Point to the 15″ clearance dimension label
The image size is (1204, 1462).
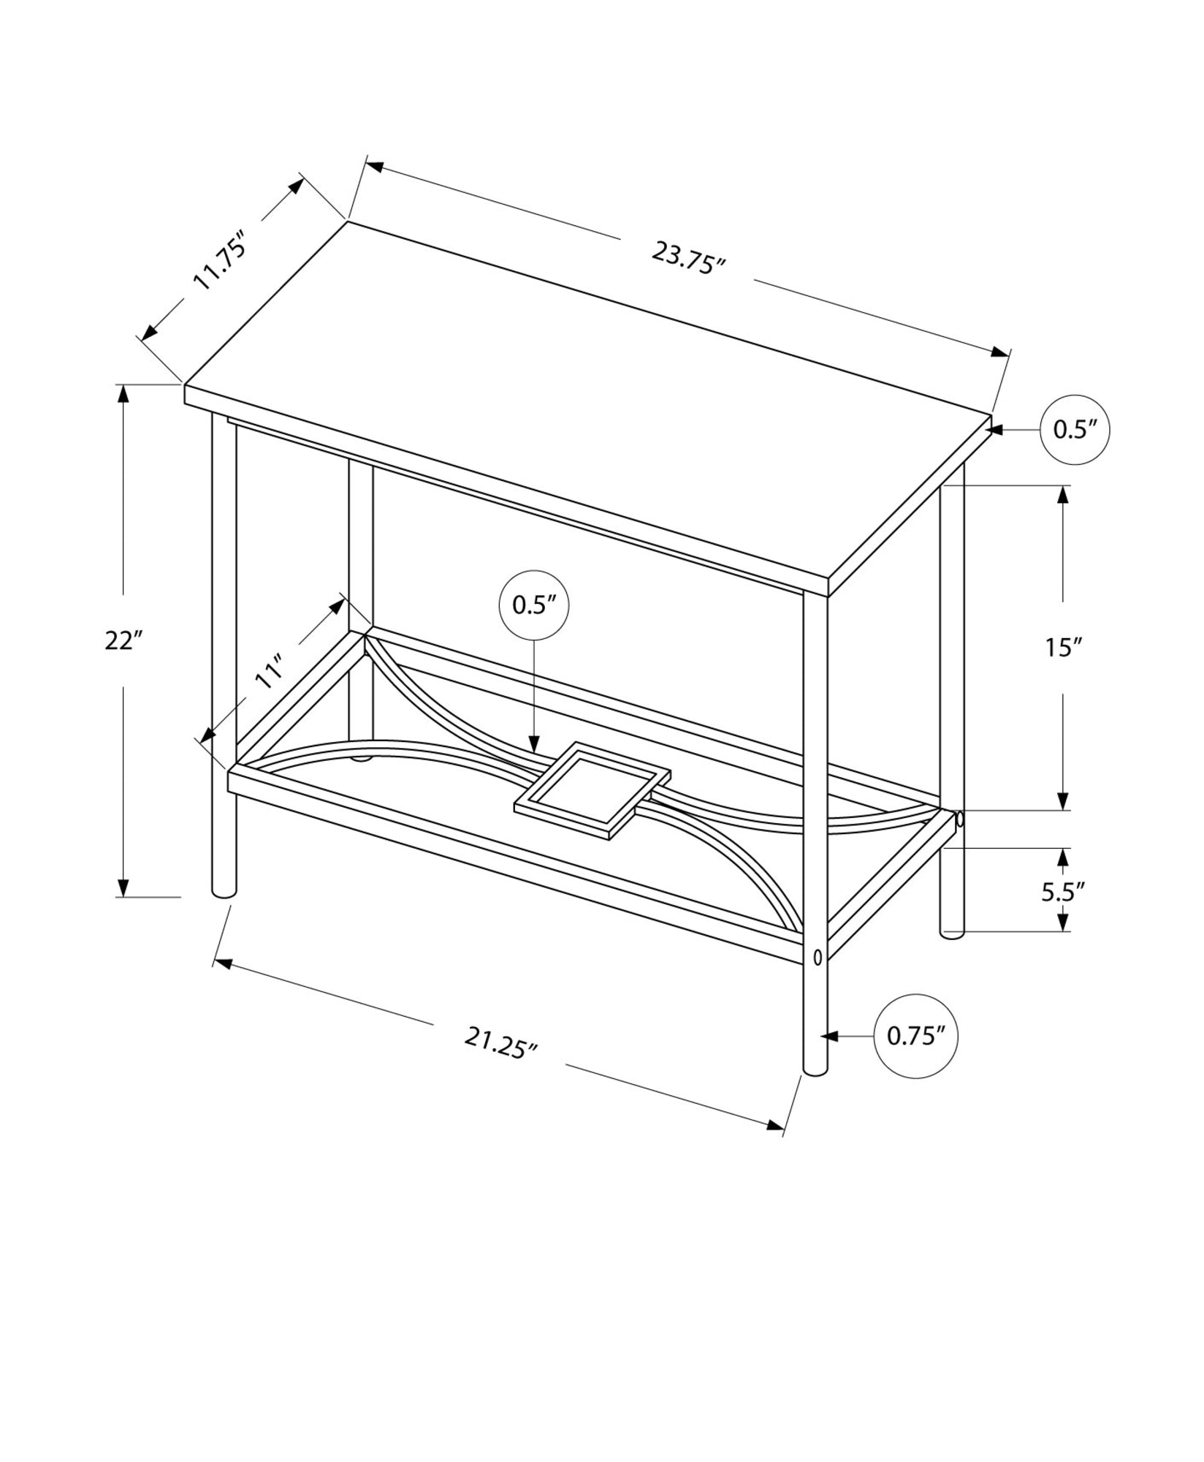(1063, 647)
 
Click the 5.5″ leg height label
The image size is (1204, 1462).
(1063, 893)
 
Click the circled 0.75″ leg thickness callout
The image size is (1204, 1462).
(916, 1036)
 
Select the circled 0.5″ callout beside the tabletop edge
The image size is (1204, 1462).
(1075, 430)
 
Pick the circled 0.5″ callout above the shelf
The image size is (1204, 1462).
(533, 605)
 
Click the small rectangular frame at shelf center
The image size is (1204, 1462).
(593, 790)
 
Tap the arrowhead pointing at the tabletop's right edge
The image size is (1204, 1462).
(995, 430)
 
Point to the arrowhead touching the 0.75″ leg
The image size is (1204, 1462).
(828, 1036)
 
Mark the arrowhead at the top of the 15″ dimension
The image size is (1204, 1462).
(1063, 493)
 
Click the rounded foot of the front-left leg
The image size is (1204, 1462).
(224, 890)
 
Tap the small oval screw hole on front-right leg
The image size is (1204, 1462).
(816, 956)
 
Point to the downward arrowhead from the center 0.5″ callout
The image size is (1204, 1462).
(534, 746)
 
